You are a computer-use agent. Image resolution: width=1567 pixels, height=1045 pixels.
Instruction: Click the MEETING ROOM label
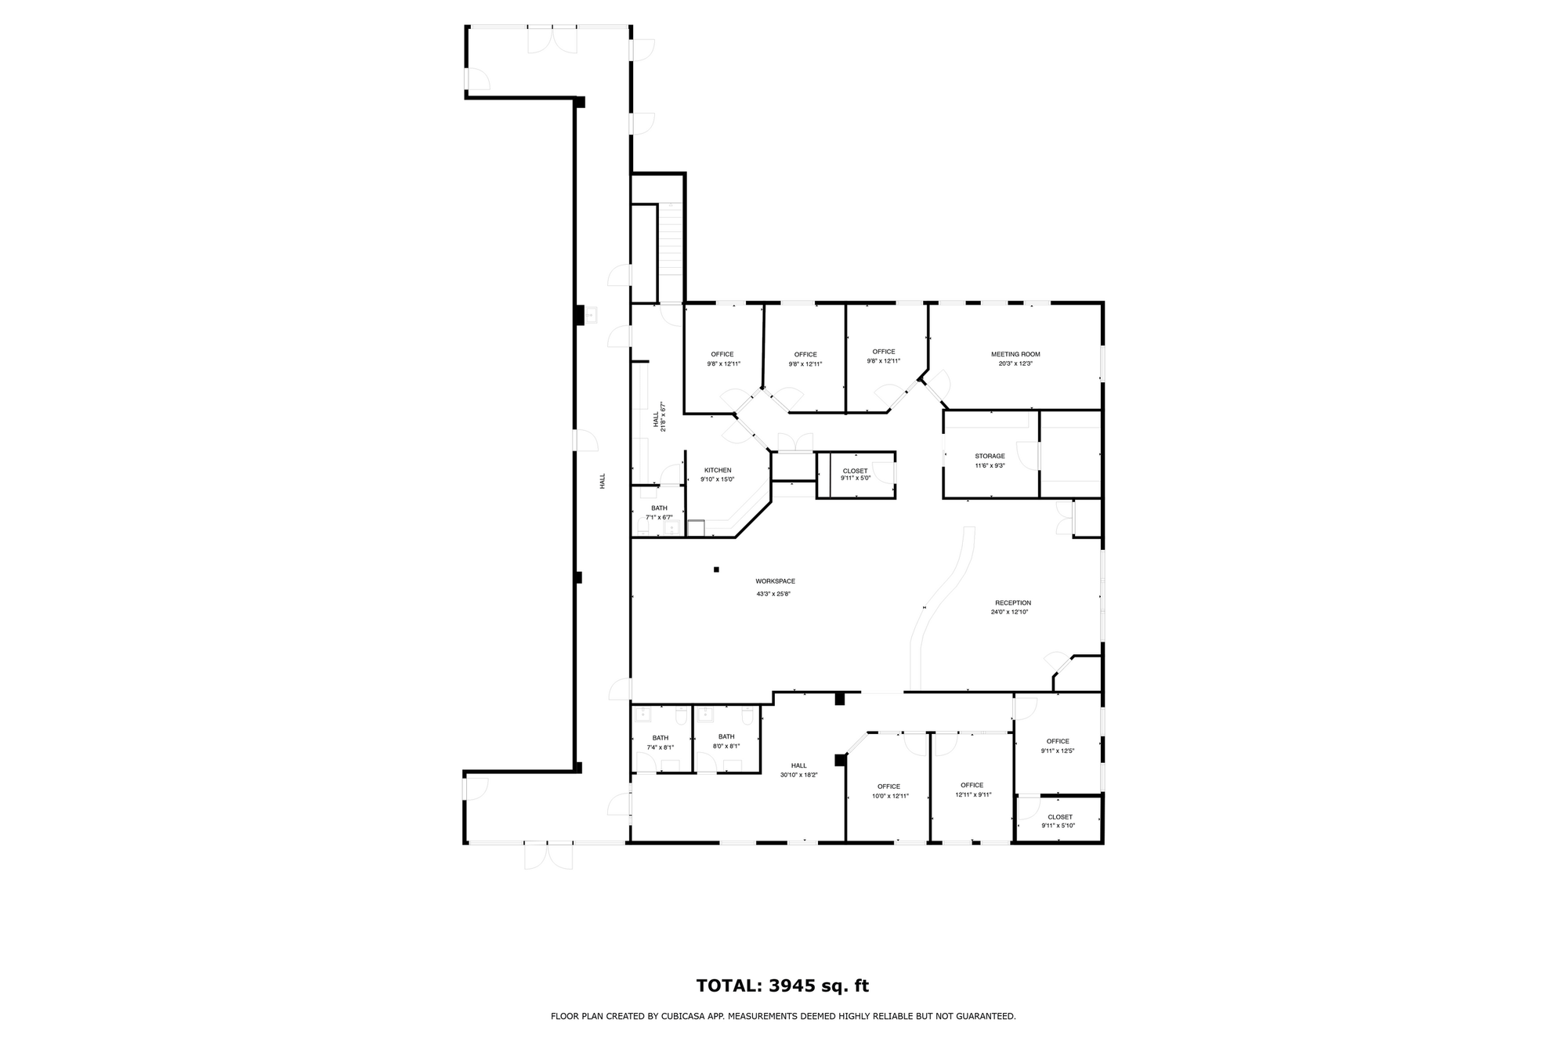coord(1015,354)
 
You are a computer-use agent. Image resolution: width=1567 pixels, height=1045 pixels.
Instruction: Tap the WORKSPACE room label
coord(775,581)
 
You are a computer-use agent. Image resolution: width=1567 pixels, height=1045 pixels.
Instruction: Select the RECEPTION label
coord(1013,603)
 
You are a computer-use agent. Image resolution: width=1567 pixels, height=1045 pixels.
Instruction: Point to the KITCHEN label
coord(718,471)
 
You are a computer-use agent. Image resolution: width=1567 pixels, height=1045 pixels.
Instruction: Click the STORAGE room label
coord(990,456)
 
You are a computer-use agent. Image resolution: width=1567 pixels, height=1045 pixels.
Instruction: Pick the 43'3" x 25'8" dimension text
coord(773,594)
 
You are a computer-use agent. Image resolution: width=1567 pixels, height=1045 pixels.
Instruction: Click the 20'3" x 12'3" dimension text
coord(1015,363)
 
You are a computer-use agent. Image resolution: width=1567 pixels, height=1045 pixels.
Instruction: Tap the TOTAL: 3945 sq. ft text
coord(783,986)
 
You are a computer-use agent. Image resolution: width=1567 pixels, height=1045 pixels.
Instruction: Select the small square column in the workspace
coord(716,570)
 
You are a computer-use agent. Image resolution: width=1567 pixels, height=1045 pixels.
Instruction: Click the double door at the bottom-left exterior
coord(548,855)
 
